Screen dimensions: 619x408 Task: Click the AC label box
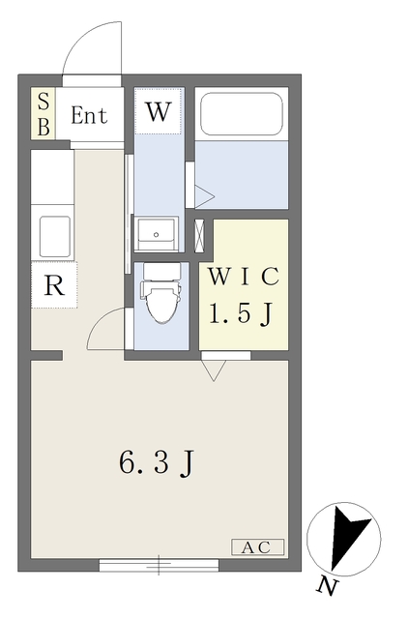[257, 546]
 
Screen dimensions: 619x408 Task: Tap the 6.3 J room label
[159, 463]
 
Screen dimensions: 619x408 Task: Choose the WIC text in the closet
[243, 277]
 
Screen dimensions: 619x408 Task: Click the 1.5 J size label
[244, 312]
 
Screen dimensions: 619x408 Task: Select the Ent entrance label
[89, 115]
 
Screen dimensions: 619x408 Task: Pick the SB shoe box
[44, 115]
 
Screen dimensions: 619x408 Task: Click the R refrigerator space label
[54, 286]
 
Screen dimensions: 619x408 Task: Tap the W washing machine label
[158, 111]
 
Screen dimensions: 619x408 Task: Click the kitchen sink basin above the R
[54, 234]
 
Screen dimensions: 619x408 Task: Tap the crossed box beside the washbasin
[200, 233]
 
